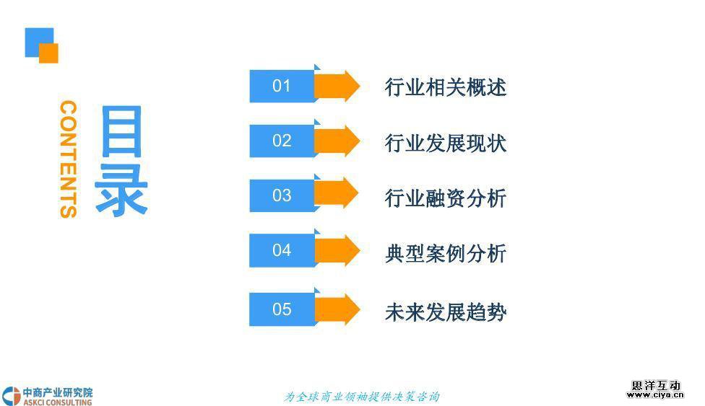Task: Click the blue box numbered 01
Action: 282,87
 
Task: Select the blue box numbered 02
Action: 282,141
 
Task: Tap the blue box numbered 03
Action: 282,196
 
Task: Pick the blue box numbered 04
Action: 282,251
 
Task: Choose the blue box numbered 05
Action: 282,310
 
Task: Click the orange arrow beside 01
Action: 337,87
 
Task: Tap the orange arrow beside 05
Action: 337,310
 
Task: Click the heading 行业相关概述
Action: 446,88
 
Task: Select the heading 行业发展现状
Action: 446,143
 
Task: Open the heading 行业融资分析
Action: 446,198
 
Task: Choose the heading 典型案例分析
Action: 446,254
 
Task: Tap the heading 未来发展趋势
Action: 446,312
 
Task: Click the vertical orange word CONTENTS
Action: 68,159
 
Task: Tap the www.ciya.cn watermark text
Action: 654,395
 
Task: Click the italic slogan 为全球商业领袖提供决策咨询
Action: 361,397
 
